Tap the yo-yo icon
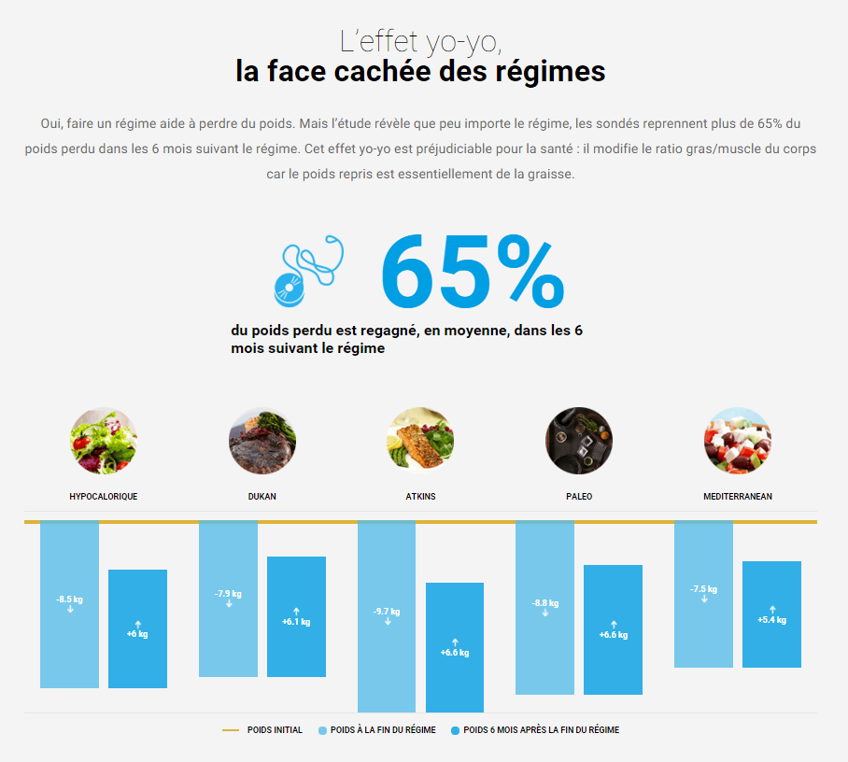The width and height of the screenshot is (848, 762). coord(308,270)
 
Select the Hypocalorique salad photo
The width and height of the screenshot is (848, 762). coord(104,441)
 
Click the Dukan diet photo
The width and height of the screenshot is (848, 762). coord(262,441)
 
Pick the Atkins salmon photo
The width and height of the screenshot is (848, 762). coord(420,441)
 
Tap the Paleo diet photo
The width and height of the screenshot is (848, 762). coord(579,441)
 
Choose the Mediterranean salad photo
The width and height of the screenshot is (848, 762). coord(738,441)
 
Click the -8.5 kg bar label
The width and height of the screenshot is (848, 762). coord(69,599)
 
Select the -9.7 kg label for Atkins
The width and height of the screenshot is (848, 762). coord(387,612)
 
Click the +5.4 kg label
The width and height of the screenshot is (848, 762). coord(771,620)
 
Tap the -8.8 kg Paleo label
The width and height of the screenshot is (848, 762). coord(545,603)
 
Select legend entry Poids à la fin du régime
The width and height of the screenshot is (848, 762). coord(382,730)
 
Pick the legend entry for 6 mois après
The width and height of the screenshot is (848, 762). coord(541,730)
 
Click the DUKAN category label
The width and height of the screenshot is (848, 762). coord(262,497)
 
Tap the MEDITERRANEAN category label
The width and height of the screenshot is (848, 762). coord(738,497)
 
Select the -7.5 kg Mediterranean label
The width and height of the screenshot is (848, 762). coord(704,589)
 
